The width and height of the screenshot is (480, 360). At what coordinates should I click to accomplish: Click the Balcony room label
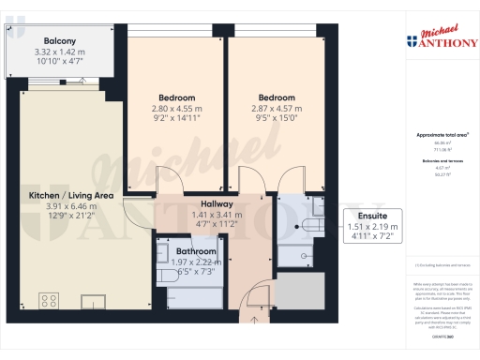(x=59, y=41)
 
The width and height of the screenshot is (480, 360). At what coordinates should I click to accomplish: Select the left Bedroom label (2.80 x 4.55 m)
(x=176, y=97)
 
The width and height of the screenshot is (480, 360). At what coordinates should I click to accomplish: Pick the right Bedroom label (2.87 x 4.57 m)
(x=277, y=97)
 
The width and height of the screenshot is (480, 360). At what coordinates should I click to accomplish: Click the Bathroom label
(x=196, y=252)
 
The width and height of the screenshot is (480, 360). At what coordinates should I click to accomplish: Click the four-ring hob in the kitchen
(x=49, y=302)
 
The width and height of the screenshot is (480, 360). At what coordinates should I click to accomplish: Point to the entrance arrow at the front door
(x=246, y=304)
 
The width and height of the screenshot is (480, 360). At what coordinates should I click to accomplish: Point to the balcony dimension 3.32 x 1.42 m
(x=59, y=52)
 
